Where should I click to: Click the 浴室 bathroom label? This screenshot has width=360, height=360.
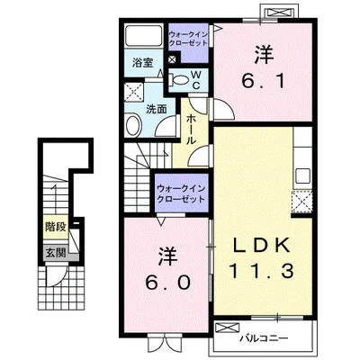point(143,63)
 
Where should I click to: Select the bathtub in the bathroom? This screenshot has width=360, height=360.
point(143,35)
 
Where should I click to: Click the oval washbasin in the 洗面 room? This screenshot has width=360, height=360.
point(133,126)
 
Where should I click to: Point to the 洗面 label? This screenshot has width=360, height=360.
point(157,109)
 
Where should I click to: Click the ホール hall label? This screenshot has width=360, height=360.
point(192,130)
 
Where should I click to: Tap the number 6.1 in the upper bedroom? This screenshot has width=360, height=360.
point(264,68)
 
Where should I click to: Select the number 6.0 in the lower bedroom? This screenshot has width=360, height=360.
point(168,269)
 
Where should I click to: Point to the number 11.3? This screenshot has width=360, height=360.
point(261,272)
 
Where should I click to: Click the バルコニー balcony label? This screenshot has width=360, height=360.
point(264,338)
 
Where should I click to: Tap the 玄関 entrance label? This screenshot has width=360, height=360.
point(56,253)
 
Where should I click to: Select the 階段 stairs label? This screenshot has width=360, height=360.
point(56,227)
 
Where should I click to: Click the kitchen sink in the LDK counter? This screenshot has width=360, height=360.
point(303,176)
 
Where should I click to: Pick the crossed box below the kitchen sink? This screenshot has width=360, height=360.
point(302,202)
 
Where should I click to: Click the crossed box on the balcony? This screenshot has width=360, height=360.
point(228,328)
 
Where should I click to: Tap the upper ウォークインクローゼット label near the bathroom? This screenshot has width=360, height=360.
point(188,39)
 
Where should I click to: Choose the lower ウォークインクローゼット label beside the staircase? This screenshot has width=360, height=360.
point(181,194)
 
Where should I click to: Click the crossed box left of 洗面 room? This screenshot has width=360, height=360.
point(134,90)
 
